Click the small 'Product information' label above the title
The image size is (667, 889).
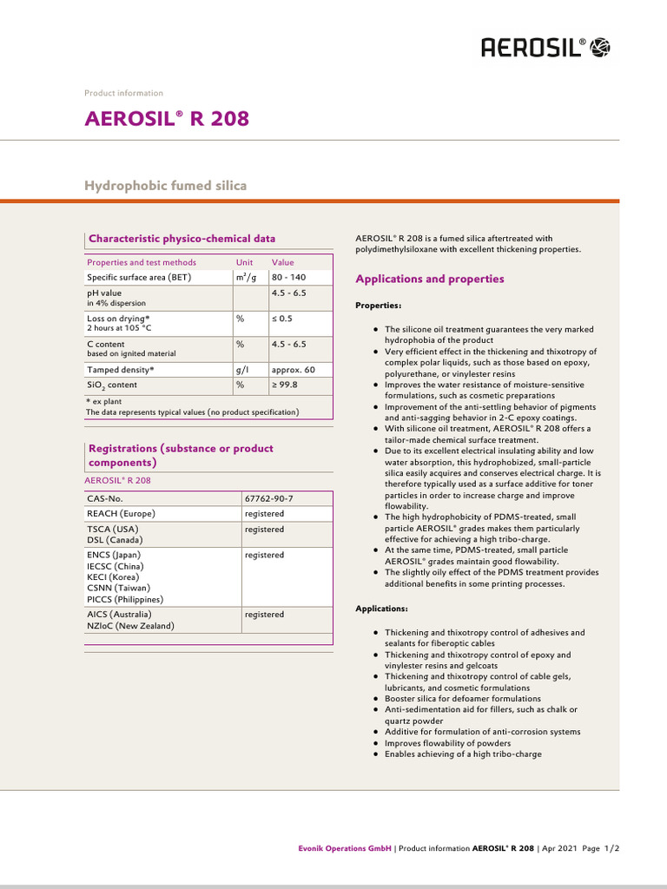[x=123, y=93]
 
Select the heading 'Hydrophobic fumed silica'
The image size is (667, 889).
[x=165, y=185]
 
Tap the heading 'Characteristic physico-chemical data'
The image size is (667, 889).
[x=182, y=239]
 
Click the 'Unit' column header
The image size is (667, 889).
[x=244, y=262]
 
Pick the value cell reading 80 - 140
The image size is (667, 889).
[x=288, y=278]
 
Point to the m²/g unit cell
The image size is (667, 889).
[x=246, y=278]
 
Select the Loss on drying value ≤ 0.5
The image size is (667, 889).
[x=282, y=319]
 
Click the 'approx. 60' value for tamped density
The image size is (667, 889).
[x=293, y=370]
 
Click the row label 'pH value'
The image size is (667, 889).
[x=104, y=293]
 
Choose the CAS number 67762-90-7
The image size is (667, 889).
[x=269, y=499]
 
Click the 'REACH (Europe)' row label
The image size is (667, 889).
[x=121, y=514]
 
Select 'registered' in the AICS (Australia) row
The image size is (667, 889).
[x=264, y=615]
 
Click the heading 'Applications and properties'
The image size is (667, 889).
[x=430, y=280]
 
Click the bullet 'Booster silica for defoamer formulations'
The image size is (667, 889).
[x=462, y=699]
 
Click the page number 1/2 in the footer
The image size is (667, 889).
[x=611, y=847]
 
